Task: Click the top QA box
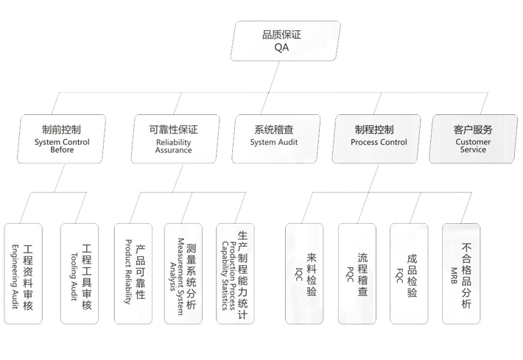pyautogui.click(x=285, y=40)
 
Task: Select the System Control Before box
pyautogui.click(x=62, y=138)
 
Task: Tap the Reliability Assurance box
pyautogui.click(x=173, y=138)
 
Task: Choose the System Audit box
pyautogui.click(x=276, y=138)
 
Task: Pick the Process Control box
pyautogui.click(x=377, y=138)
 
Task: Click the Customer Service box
pyautogui.click(x=472, y=138)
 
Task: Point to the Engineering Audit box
pyautogui.click(x=23, y=274)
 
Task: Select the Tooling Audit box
pyautogui.click(x=80, y=274)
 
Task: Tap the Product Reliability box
pyautogui.click(x=133, y=272)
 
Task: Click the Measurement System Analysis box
pyautogui.click(x=185, y=272)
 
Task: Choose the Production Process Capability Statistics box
pyautogui.click(x=236, y=272)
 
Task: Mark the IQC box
pyautogui.click(x=304, y=272)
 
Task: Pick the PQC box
pyautogui.click(x=357, y=272)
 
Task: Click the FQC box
pyautogui.click(x=409, y=272)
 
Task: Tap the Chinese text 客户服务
pyautogui.click(x=473, y=130)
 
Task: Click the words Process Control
pyautogui.click(x=379, y=142)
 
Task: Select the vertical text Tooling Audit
pyautogui.click(x=73, y=274)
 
